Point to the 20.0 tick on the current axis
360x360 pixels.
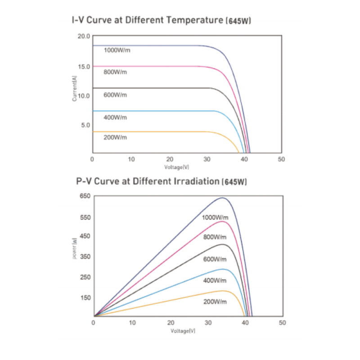[x=85, y=36]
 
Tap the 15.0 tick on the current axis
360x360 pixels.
[x=85, y=67]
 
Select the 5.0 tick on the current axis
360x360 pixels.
[x=85, y=125]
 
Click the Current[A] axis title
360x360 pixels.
[x=75, y=88]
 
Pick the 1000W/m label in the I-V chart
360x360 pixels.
[x=117, y=50]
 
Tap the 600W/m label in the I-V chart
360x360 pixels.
[x=115, y=95]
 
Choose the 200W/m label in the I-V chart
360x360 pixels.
[x=115, y=137]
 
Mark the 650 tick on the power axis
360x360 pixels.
[x=85, y=196]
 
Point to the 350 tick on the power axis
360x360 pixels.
[x=85, y=257]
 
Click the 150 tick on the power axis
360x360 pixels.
[x=85, y=297]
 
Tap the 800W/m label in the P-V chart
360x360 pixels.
[x=215, y=237]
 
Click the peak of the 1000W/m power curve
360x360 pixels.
[x=222, y=198]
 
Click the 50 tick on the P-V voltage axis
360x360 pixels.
[x=282, y=323]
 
